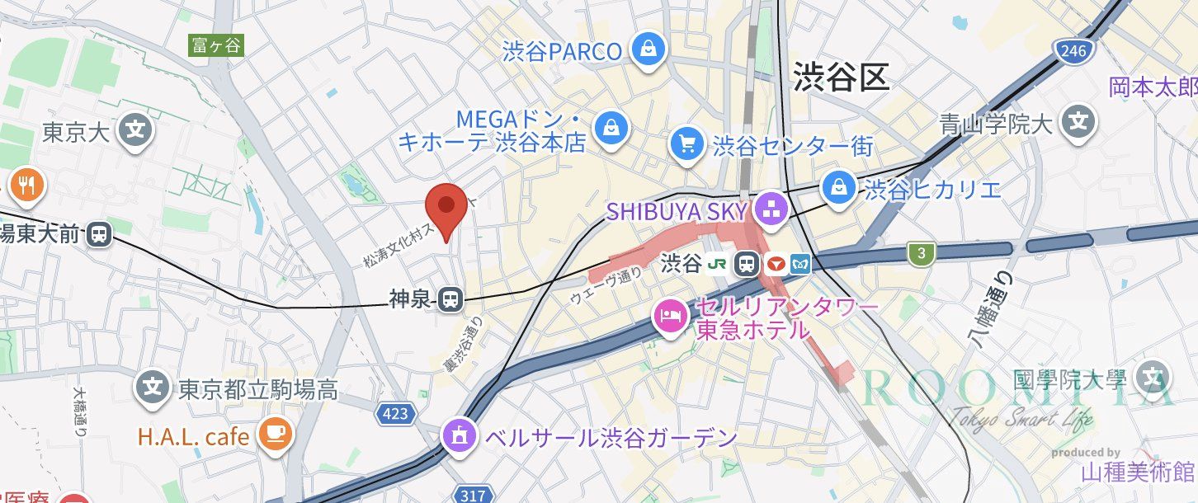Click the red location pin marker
pyautogui.click(x=446, y=206)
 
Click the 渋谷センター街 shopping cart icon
pyautogui.click(x=686, y=144)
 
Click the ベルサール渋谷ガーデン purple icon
pyautogui.click(x=458, y=435)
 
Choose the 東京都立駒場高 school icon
pyautogui.click(x=152, y=386)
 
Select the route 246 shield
pyautogui.click(x=1073, y=51)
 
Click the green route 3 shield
pyautogui.click(x=920, y=253)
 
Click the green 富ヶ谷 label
pyautogui.click(x=216, y=45)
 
